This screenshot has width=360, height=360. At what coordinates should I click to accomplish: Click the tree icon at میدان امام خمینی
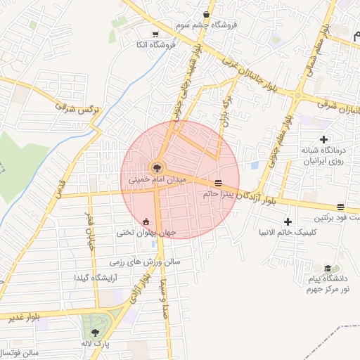tap(156, 168)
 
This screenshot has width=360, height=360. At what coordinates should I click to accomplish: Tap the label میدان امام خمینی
tap(157, 180)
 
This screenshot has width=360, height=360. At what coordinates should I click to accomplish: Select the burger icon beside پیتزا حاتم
tap(218, 183)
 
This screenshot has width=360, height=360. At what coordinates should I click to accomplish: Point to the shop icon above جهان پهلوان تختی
tap(146, 221)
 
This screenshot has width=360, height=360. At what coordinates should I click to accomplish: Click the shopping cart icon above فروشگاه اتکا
tap(155, 33)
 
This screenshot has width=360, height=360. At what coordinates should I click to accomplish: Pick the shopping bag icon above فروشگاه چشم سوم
tap(205, 14)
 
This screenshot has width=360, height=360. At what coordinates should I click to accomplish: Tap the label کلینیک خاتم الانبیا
tap(288, 233)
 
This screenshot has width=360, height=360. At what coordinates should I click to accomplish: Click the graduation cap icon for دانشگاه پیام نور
tap(328, 269)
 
